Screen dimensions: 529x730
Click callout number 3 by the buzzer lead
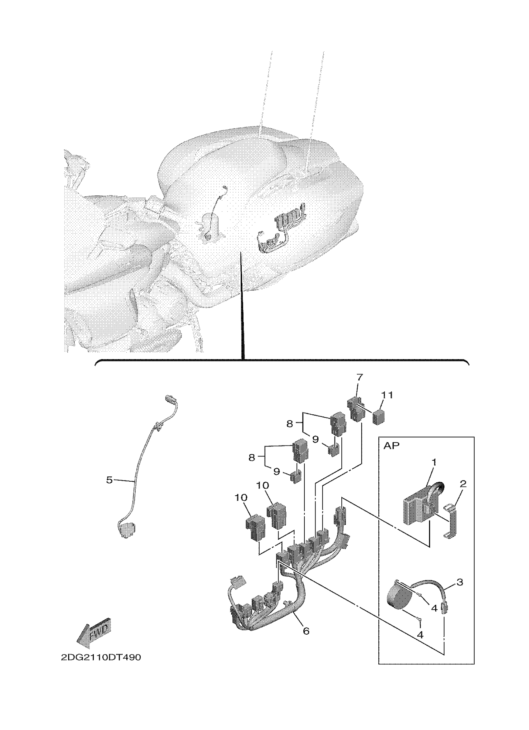460,582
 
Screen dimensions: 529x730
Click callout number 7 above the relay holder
359,376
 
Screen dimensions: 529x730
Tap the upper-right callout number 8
290,424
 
